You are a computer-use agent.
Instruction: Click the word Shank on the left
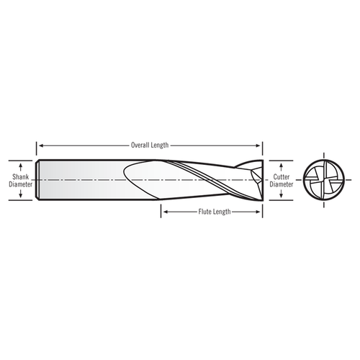click(20, 175)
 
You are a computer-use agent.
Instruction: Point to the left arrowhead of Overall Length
click(40, 145)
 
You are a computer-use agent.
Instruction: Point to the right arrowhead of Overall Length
click(260, 145)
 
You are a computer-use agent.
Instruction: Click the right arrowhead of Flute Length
click(260, 212)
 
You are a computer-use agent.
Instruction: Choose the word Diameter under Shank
click(20, 183)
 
